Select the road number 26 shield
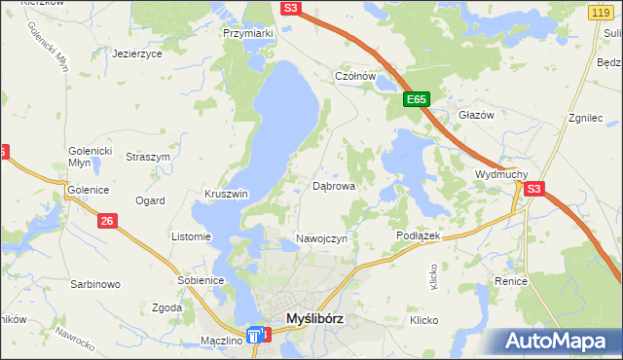point(107,222)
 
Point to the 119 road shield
point(600,11)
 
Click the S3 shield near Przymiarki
point(291,8)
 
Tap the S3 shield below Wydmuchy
point(533,190)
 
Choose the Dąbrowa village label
point(333,185)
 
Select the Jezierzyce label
point(136,54)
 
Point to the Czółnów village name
point(355,76)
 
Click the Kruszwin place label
point(226,194)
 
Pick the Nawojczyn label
point(321,239)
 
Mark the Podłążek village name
point(420,236)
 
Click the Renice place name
point(510,281)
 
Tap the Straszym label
point(149,157)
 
